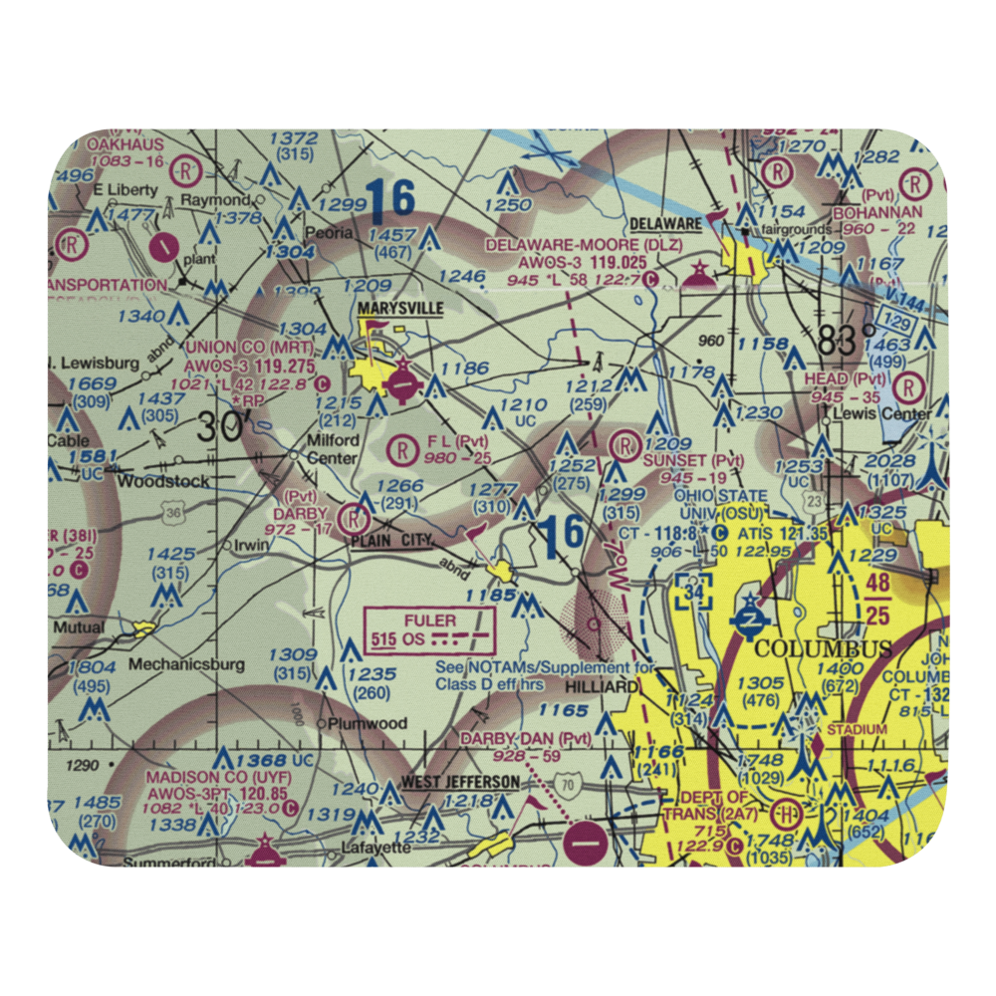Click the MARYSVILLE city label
pyautogui.click(x=400, y=309)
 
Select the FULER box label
pyautogui.click(x=430, y=621)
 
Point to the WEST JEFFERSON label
pyautogui.click(x=460, y=783)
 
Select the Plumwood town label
pyautogui.click(x=369, y=723)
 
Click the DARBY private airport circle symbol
pyautogui.click(x=352, y=518)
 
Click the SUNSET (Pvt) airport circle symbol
pyautogui.click(x=625, y=442)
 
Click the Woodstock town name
pyautogui.click(x=163, y=481)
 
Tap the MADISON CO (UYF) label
pyautogui.click(x=203, y=777)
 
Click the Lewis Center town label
pyautogui.click(x=881, y=413)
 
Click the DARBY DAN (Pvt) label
pyautogui.click(x=525, y=739)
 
